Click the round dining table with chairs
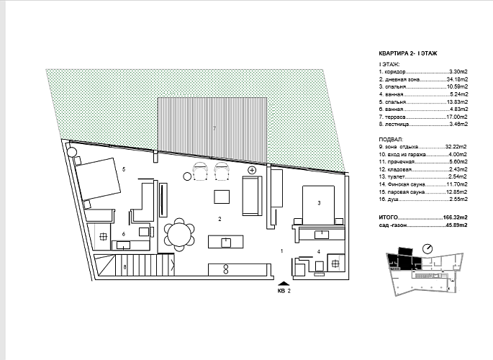[179, 235]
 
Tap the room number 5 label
[124, 169]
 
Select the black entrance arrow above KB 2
[284, 283]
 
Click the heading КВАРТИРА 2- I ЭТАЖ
[408, 53]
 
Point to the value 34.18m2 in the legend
[457, 79]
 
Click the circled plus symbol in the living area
[252, 170]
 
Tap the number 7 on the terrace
[214, 128]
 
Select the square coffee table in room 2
[222, 197]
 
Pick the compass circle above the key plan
[428, 248]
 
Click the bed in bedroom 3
[318, 205]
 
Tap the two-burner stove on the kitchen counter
[226, 269]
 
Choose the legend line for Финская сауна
[423, 184]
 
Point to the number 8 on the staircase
[125, 267]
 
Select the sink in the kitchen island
[226, 243]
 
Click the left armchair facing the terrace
[201, 171]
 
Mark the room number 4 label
[319, 251]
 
